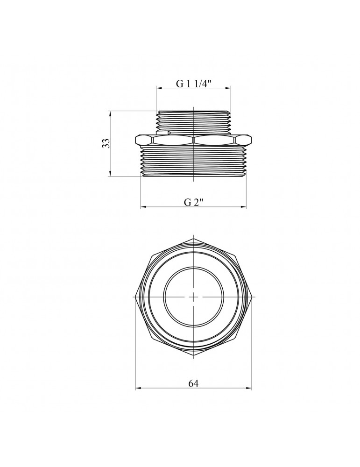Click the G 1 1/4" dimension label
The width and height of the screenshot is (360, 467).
[194, 84]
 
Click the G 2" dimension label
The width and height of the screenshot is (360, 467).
[194, 202]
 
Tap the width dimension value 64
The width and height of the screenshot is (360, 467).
[193, 383]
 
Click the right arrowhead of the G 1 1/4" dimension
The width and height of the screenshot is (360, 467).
[228, 88]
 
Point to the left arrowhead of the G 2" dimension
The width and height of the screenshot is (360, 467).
[144, 206]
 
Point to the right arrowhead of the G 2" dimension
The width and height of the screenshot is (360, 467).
[243, 206]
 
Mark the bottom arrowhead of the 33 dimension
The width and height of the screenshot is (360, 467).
[110, 173]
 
